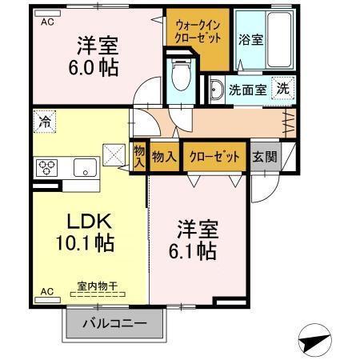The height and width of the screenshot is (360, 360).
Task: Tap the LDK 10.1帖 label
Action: [85, 231]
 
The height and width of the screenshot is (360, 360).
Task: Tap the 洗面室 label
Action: [248, 90]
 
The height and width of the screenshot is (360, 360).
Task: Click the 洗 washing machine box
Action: [283, 89]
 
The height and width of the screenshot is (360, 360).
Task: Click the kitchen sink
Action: [84, 168]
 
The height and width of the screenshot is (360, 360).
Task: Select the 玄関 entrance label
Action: [265, 156]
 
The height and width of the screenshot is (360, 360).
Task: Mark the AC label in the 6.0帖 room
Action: [47, 22]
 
